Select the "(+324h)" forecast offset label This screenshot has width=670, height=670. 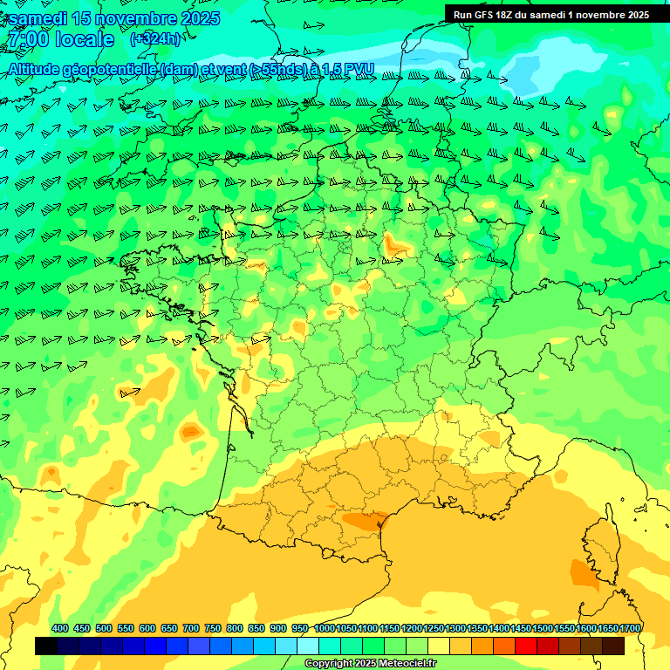click(155, 39)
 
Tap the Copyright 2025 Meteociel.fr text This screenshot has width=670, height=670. click(371, 664)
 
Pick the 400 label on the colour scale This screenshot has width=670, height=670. click(60, 628)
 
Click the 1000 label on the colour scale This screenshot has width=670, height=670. click(324, 628)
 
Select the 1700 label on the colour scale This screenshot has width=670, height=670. click(630, 628)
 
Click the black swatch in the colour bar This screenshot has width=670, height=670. click(46, 646)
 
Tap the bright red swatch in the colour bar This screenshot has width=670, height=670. click(525, 646)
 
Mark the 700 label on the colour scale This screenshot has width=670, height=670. click(191, 628)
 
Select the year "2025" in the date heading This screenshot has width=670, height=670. click(194, 18)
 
